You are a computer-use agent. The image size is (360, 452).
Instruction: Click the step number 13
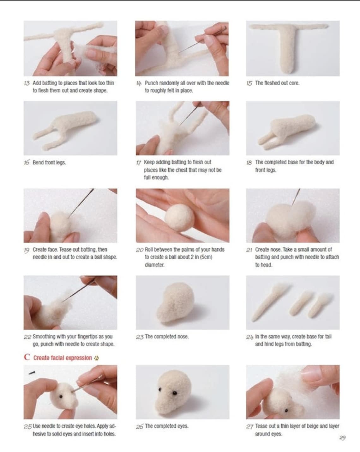[27, 83]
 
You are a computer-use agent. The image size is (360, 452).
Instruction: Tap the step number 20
[140, 250]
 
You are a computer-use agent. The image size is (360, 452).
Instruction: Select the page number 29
[342, 438]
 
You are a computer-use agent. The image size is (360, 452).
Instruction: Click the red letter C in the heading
[27, 357]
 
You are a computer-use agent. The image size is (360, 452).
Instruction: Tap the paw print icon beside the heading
[97, 358]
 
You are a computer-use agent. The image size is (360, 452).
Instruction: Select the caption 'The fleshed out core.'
[277, 83]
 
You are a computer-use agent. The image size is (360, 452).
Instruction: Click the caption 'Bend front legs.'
[49, 162]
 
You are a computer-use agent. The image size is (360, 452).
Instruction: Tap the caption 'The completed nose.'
[167, 337]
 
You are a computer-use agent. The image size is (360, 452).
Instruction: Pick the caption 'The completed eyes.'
[166, 426]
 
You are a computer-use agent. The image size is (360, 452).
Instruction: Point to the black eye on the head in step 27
[286, 410]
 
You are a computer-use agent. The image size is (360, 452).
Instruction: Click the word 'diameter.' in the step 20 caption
[154, 265]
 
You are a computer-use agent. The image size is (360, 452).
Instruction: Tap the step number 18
[249, 162]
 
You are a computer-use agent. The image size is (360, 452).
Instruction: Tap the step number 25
[28, 427]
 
